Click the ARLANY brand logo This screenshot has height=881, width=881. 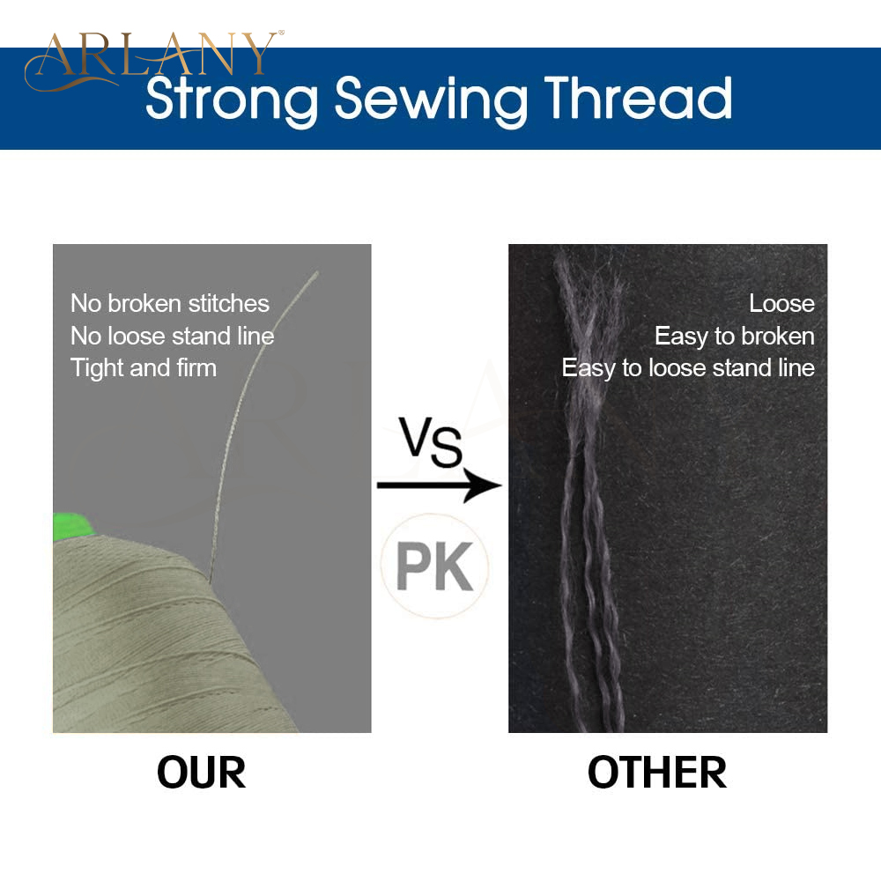pyautogui.click(x=152, y=59)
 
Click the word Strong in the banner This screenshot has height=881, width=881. pyautogui.click(x=232, y=100)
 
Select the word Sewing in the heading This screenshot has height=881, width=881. pyautogui.click(x=431, y=100)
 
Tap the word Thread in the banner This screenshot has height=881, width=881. pyautogui.click(x=638, y=98)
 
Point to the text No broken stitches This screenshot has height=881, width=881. pyautogui.click(x=170, y=303)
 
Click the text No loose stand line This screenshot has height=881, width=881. pyautogui.click(x=172, y=336)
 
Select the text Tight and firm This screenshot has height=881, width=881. pyautogui.click(x=144, y=368)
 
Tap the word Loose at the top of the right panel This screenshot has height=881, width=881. pyautogui.click(x=781, y=303)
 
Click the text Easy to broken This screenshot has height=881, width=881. pyautogui.click(x=735, y=337)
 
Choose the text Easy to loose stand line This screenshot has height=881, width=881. pyautogui.click(x=688, y=368)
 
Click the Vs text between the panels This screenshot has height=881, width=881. pyautogui.click(x=431, y=442)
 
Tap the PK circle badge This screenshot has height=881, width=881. pyautogui.click(x=434, y=566)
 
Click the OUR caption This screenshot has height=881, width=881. pyautogui.click(x=201, y=773)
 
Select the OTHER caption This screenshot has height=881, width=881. pyautogui.click(x=657, y=773)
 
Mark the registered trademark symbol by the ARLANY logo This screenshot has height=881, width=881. pyautogui.click(x=282, y=33)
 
